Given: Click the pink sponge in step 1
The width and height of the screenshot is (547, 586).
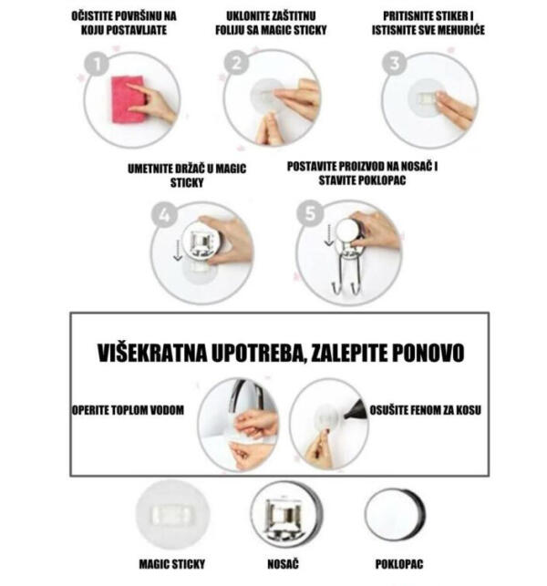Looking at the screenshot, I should tap(127, 98).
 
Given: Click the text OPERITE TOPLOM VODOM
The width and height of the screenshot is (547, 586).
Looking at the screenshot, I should tap(128, 411).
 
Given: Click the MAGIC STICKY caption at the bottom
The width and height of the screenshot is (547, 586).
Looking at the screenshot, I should tap(172, 564).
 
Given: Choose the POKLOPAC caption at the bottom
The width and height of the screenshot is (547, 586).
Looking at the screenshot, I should tap(398, 564).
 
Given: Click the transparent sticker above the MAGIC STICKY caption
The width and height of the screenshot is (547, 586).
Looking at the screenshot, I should tap(171, 516).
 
